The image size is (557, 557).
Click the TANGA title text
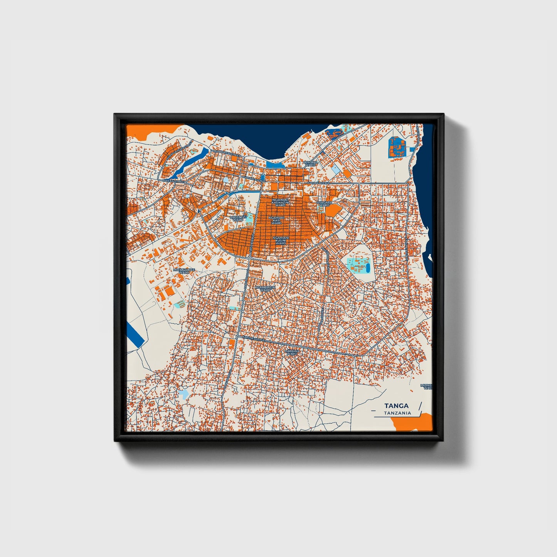click(396, 406)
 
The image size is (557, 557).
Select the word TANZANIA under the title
click(397, 413)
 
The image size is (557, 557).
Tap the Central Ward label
click(311, 163)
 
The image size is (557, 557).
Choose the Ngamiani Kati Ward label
click(277, 220)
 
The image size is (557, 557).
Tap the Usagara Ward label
click(324, 204)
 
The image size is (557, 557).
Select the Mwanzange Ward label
click(184, 271)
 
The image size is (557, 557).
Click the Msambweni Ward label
click(266, 289)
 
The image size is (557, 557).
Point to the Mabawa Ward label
click(292, 352)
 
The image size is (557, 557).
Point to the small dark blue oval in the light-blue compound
click(367, 266)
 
